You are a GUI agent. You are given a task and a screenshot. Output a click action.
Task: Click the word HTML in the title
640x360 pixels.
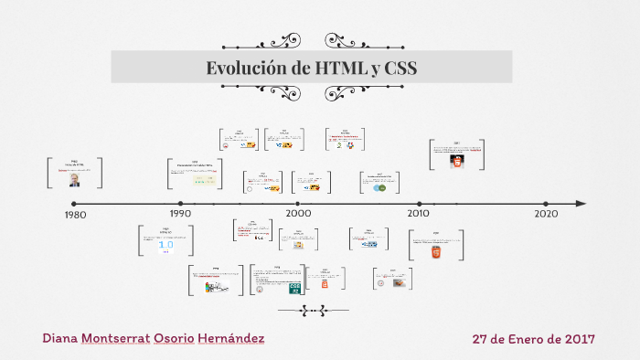(338, 68)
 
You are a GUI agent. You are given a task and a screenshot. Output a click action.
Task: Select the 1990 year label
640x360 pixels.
(180, 214)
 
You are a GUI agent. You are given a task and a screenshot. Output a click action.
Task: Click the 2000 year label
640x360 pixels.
(299, 213)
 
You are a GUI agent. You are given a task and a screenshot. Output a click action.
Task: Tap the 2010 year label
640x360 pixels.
(419, 213)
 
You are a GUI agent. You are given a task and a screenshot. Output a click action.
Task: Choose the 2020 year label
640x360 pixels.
(546, 213)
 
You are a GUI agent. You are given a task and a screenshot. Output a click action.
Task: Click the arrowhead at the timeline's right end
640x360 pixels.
(581, 204)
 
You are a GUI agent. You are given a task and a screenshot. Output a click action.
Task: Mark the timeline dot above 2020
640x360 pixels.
(546, 204)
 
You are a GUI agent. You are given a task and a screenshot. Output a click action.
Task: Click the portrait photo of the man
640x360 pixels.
(74, 181)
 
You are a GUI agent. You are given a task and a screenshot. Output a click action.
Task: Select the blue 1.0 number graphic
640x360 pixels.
(166, 245)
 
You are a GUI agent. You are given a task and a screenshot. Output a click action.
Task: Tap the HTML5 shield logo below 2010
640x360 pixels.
(436, 250)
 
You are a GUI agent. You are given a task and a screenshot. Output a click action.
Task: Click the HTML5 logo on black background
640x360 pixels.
(455, 160)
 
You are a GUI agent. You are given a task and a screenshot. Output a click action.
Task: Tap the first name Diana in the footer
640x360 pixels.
(59, 339)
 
